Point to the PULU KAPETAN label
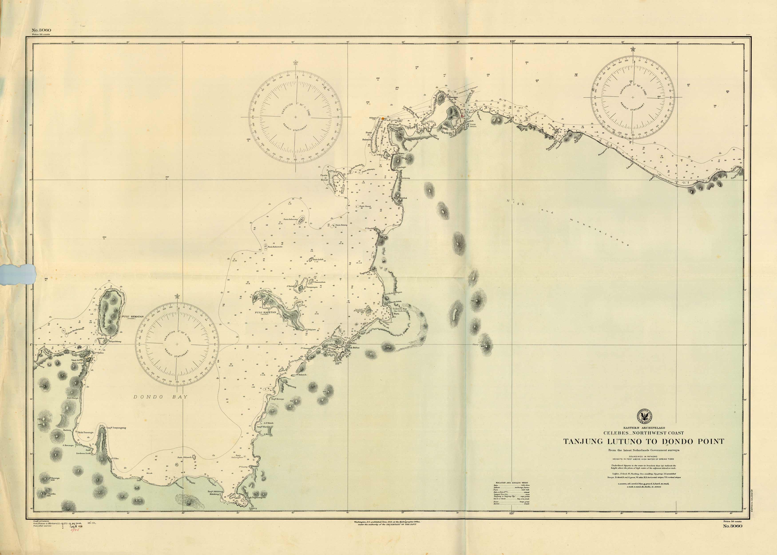point(265,312)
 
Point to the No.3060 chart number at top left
point(41,30)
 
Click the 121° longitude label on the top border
point(512,41)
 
